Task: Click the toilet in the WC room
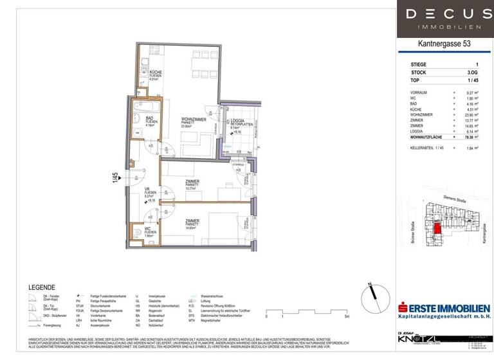pos(136,232)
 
